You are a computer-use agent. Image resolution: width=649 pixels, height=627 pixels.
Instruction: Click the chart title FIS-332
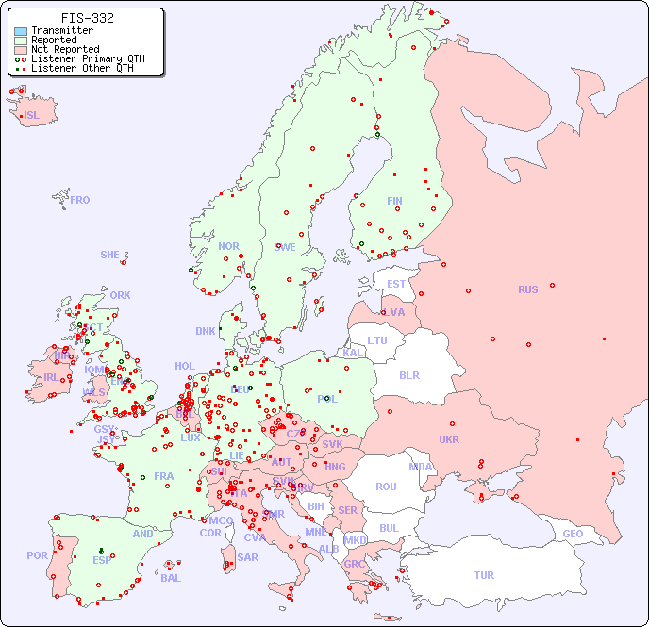pos(88,18)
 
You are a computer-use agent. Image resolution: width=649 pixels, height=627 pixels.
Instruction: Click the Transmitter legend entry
pos(61,30)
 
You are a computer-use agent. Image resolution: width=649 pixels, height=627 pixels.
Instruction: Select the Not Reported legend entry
pos(64,49)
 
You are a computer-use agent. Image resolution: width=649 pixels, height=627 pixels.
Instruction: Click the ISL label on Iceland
pos(32,116)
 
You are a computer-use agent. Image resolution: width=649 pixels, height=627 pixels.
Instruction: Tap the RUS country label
pos(527,289)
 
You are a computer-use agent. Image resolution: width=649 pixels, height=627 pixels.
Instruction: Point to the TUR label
pos(484,575)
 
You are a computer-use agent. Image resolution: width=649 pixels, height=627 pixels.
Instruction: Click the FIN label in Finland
pos(394,201)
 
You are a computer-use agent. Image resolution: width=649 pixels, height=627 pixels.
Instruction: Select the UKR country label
pos(449,439)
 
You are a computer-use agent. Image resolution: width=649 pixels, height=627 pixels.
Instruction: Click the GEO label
pos(573,534)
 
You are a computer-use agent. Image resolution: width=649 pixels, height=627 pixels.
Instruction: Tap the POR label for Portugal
pos(37,555)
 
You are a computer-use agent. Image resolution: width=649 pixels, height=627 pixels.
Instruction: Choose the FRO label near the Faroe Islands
pos(80,200)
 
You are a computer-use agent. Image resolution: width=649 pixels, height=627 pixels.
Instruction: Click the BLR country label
pos(408,374)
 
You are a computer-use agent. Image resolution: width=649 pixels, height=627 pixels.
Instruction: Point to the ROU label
pos(386,487)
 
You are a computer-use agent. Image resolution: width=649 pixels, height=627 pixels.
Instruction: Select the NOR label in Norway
pos(228,246)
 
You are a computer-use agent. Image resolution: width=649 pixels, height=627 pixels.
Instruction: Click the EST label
pos(396,284)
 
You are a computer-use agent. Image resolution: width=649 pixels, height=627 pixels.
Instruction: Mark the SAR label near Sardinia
pos(247,557)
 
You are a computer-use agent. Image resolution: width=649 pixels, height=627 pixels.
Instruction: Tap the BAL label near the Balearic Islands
pos(170,578)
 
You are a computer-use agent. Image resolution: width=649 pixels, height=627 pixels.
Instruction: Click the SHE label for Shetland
pos(110,255)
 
